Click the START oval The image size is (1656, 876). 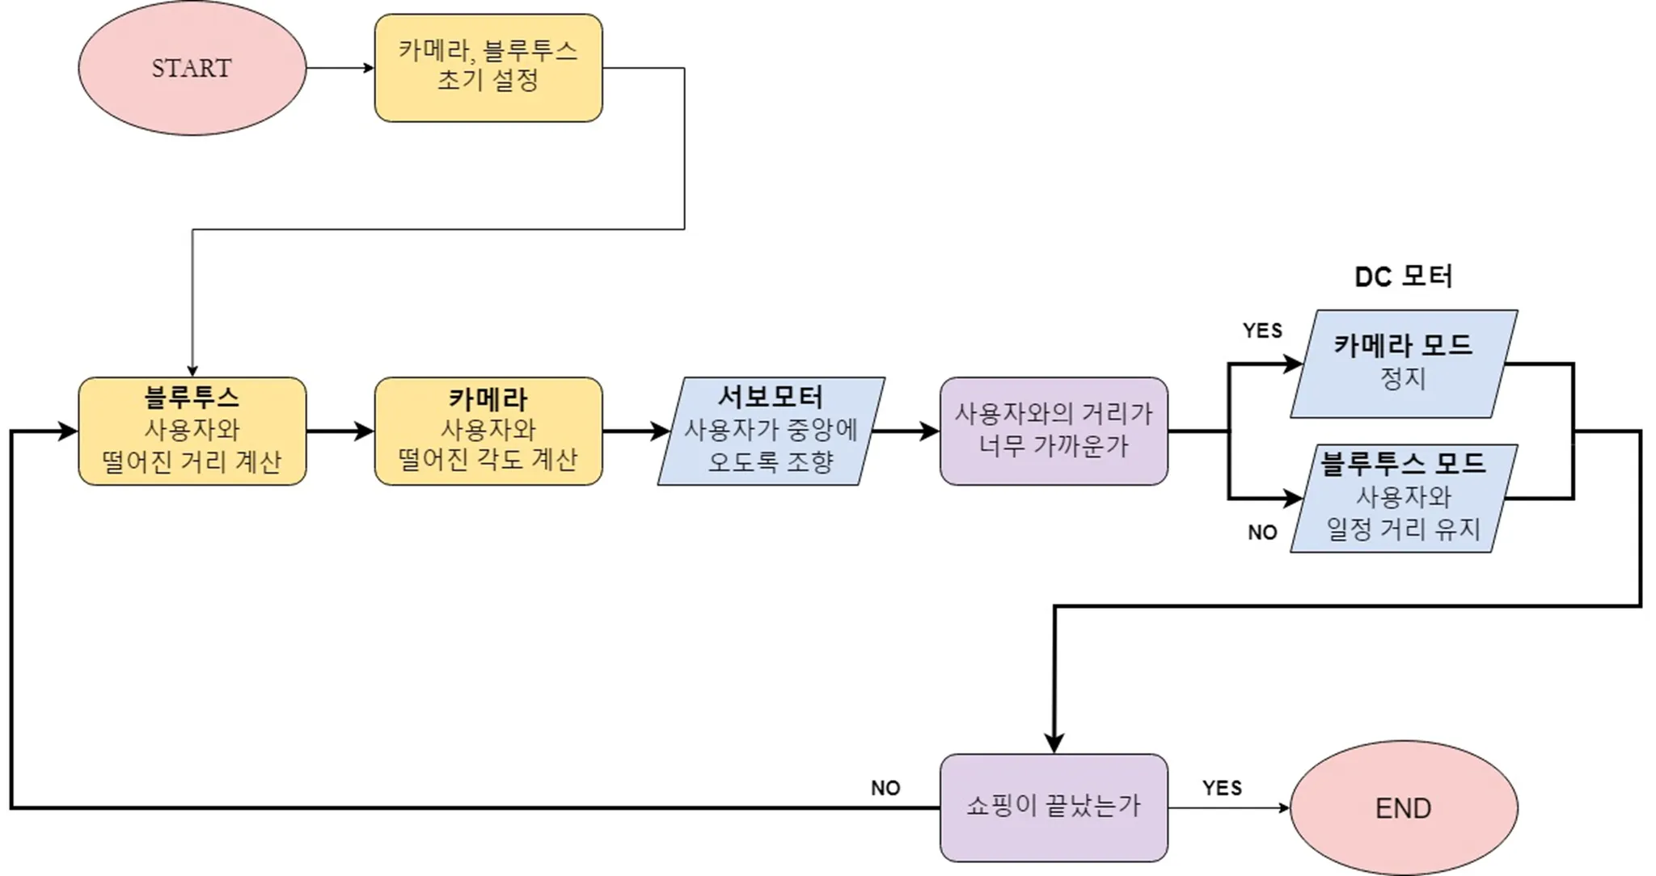click(x=192, y=68)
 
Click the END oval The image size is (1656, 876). click(x=1403, y=807)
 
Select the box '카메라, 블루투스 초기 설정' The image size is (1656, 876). click(x=488, y=68)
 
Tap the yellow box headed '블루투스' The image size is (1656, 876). click(x=192, y=431)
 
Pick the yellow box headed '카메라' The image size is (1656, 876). click(x=488, y=431)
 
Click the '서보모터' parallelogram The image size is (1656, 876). click(x=771, y=431)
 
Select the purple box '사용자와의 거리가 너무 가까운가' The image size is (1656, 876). click(x=1054, y=431)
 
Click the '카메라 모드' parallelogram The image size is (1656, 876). click(x=1403, y=364)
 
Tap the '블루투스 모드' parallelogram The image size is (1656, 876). click(x=1403, y=498)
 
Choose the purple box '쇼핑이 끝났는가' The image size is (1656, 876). click(x=1054, y=807)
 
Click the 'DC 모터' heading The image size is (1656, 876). click(x=1403, y=277)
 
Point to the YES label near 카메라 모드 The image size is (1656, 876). click(x=1262, y=331)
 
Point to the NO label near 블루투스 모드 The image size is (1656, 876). click(x=1262, y=533)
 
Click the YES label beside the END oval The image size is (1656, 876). click(x=1222, y=788)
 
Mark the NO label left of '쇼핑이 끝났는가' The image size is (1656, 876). click(x=885, y=788)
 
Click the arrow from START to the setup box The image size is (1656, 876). click(x=340, y=68)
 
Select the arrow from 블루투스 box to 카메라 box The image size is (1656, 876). click(x=340, y=431)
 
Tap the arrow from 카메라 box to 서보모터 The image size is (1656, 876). click(x=636, y=431)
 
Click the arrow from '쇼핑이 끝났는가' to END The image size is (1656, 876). click(x=1228, y=807)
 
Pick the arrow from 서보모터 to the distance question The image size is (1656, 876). click(x=906, y=431)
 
